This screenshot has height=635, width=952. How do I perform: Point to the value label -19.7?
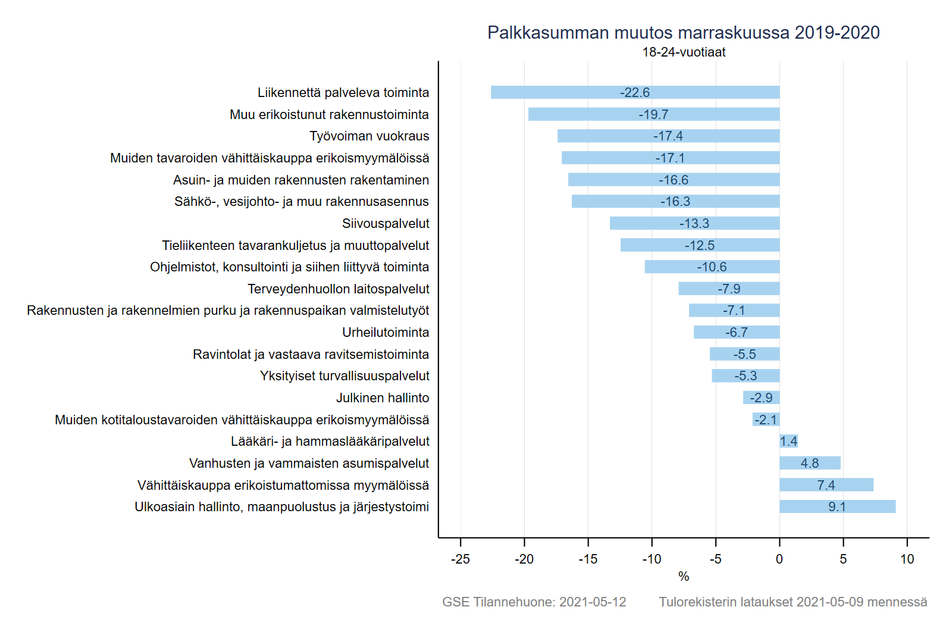(653, 114)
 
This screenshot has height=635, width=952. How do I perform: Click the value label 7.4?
(826, 485)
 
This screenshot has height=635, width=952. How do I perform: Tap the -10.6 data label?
(712, 267)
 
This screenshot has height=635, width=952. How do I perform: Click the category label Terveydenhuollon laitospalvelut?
(338, 289)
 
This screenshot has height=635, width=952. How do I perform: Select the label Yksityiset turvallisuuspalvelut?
(345, 376)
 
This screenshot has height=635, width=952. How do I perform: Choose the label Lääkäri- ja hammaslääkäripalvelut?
(330, 442)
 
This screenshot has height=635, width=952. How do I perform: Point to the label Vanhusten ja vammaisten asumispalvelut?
(309, 463)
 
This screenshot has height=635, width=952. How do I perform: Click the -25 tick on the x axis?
(460, 559)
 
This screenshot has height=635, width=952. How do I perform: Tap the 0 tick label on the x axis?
(779, 559)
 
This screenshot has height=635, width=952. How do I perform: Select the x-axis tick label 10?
(907, 559)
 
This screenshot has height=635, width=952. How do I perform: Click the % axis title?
(684, 576)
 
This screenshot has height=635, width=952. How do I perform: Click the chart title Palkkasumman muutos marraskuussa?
(683, 33)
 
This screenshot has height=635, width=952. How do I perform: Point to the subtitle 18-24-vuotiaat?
(684, 52)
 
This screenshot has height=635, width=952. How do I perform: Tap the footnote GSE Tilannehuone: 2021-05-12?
(534, 602)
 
